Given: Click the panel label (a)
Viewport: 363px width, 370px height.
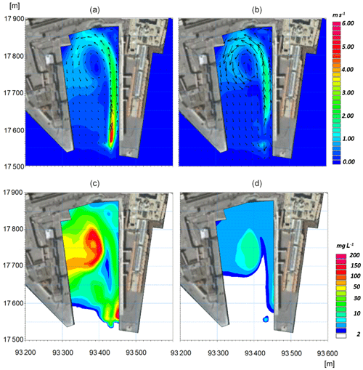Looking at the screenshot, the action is tap(94, 10).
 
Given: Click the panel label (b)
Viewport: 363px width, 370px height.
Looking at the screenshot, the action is tap(257, 10).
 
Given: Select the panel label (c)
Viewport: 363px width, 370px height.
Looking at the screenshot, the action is tap(94, 184).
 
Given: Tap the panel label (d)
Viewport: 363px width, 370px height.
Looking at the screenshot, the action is tap(257, 184).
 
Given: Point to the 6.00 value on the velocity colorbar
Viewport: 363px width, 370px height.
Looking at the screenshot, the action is tap(348, 23).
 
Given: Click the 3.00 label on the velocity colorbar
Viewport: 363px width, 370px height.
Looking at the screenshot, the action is tap(348, 92).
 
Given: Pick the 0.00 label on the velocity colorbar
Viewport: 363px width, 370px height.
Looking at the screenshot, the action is tap(348, 161).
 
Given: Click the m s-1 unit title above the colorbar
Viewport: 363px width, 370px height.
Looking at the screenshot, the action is tap(339, 15).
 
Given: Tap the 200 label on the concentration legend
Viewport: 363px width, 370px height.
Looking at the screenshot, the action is tap(354, 255).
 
